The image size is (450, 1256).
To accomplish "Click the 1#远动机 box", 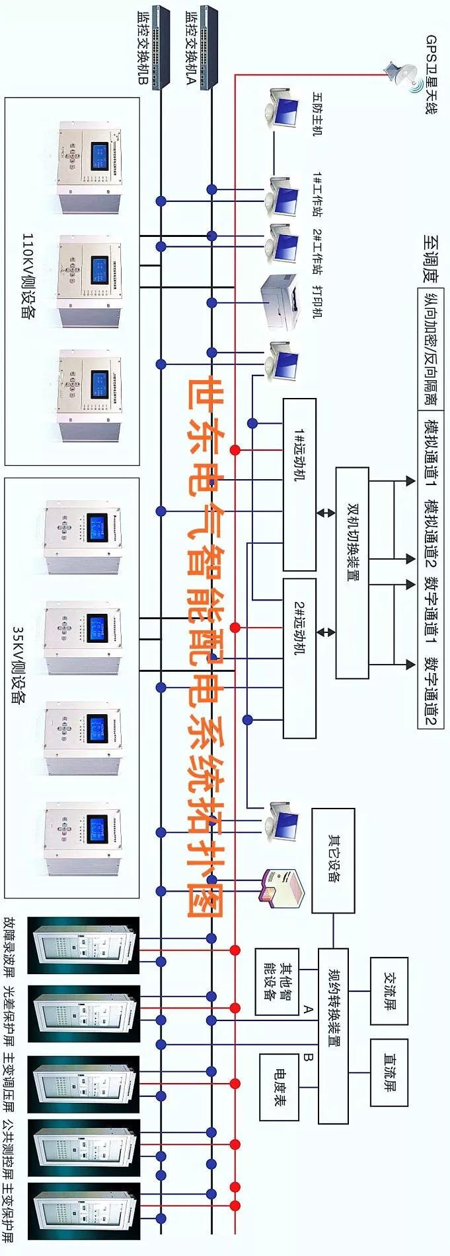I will pyautogui.click(x=299, y=484).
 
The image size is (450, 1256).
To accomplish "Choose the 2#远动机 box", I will pyautogui.click(x=299, y=657).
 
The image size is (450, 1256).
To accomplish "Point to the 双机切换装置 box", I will pyautogui.click(x=352, y=572).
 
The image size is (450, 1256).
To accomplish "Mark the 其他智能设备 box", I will pyautogui.click(x=276, y=981).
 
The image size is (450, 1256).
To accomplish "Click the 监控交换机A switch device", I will pyautogui.click(x=209, y=46).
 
